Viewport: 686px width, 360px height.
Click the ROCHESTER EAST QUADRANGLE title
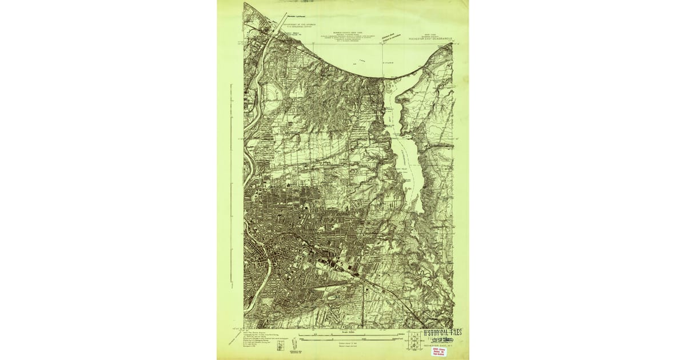(x=430, y=39)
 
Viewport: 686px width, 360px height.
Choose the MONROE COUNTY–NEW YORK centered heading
(x=349, y=33)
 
